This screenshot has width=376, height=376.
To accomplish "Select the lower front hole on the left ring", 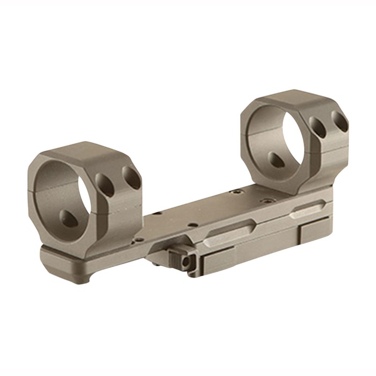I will pos(69,218).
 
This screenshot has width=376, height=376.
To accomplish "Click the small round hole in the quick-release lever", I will pos(186,262).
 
